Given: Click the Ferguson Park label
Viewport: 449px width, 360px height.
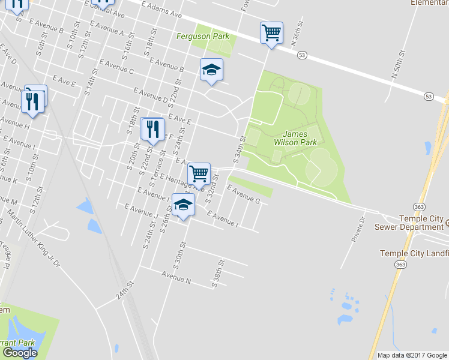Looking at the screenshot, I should click(x=203, y=36).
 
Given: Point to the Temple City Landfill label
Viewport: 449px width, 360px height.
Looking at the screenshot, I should click(x=414, y=253).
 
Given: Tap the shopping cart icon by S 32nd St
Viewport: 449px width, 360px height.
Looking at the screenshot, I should click(x=199, y=173).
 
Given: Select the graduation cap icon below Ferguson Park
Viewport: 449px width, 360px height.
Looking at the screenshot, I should click(x=212, y=70).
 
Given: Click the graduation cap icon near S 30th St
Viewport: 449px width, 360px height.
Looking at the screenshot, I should click(x=184, y=205).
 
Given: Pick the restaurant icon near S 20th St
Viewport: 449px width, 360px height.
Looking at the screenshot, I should click(x=152, y=128).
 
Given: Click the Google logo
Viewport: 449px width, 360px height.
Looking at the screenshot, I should click(x=20, y=353).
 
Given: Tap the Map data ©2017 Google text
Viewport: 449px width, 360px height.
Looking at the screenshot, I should click(x=412, y=355).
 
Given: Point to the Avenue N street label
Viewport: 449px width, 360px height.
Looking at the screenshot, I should click(x=176, y=277).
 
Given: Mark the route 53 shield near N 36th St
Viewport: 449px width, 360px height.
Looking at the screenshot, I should click(x=301, y=55).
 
